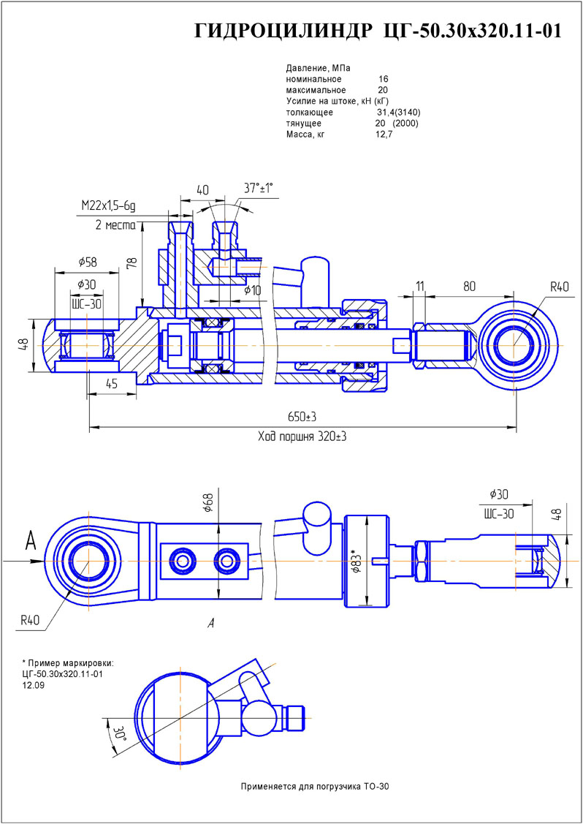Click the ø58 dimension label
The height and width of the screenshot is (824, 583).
click(x=87, y=261)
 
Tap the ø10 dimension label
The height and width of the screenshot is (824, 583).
click(x=252, y=290)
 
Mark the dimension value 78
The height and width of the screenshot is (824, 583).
click(x=132, y=264)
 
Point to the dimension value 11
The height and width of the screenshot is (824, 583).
click(x=419, y=285)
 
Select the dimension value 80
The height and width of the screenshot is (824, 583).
click(x=470, y=285)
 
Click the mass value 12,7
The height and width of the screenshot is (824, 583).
click(x=384, y=135)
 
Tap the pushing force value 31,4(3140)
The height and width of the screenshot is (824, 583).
click(x=398, y=113)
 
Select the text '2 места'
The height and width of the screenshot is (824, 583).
click(x=115, y=225)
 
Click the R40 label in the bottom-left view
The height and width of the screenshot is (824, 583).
click(x=30, y=620)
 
